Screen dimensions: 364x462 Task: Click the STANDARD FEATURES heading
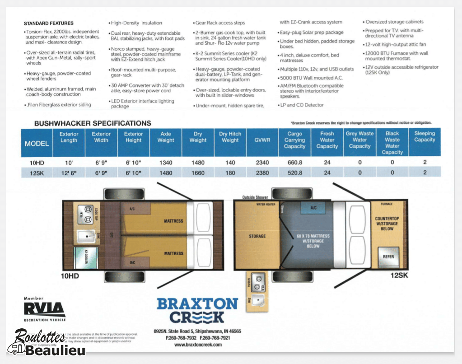tap(48, 23)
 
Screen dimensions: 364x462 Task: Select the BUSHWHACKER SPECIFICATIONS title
tap(93, 123)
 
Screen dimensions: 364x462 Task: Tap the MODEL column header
tap(37, 144)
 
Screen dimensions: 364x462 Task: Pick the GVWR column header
tap(262, 140)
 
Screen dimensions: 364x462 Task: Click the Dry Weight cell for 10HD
tap(197, 162)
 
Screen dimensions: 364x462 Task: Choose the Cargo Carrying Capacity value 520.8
tap(294, 173)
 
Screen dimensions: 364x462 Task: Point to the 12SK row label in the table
tap(37, 173)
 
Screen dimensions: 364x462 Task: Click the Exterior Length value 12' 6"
tap(69, 173)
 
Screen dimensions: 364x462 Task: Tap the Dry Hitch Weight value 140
tap(230, 162)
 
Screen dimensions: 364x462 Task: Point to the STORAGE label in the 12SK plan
tap(257, 236)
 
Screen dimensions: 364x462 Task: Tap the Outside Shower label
tap(255, 197)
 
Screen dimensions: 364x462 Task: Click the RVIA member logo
tap(45, 309)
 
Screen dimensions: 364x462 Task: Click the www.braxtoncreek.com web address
tap(198, 345)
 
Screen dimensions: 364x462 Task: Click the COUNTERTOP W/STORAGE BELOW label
tap(387, 224)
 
